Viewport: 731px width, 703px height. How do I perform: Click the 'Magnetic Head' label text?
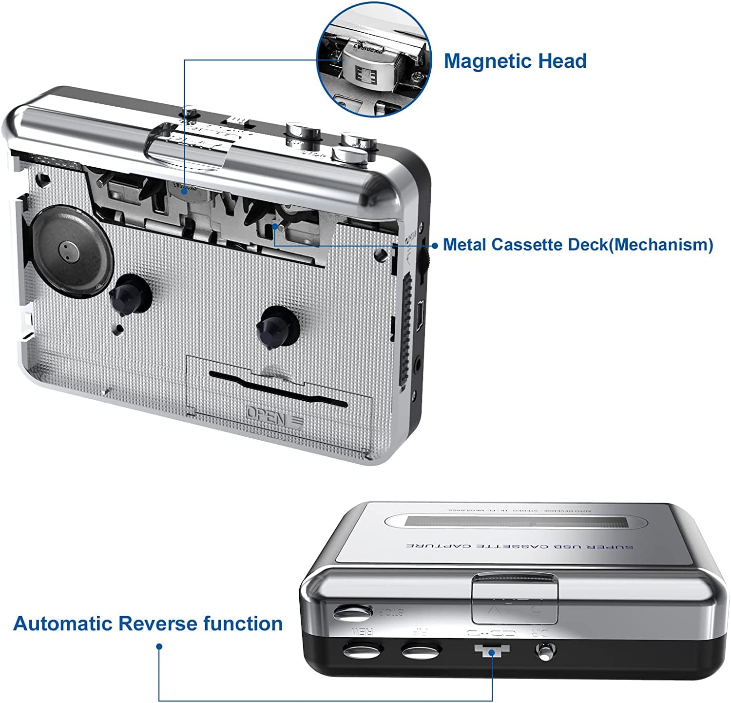pyautogui.click(x=515, y=61)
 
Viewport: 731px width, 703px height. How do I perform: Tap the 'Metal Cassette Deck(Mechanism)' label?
pyautogui.click(x=578, y=244)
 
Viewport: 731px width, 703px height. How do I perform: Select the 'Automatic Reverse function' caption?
pyautogui.click(x=148, y=624)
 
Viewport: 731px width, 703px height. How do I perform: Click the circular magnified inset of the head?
pyautogui.click(x=374, y=59)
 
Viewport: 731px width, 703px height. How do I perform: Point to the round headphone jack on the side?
pyautogui.click(x=417, y=362)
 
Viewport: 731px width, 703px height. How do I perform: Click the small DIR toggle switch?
pyautogui.click(x=545, y=650)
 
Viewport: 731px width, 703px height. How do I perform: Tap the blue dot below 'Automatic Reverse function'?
pyautogui.click(x=159, y=646)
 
